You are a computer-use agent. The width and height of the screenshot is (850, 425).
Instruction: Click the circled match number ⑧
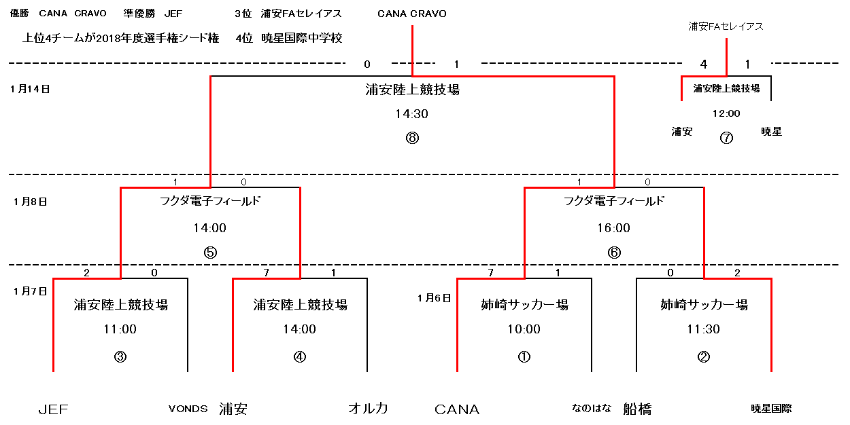(412, 138)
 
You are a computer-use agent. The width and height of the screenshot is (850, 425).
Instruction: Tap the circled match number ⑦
(726, 138)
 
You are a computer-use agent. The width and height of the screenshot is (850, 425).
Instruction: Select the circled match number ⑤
(210, 253)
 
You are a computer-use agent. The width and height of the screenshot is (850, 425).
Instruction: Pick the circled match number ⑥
(614, 253)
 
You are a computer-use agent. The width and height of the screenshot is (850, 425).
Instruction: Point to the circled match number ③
(120, 356)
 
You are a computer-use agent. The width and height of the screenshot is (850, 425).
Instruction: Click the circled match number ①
(524, 356)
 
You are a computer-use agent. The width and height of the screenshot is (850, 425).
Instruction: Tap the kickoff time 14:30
(411, 113)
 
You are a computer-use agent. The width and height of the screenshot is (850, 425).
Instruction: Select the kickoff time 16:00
(613, 227)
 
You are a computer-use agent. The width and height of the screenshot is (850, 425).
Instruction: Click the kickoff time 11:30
(703, 329)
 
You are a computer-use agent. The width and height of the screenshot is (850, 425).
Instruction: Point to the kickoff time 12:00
(726, 113)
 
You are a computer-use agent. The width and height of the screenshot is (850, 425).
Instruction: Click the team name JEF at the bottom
(54, 409)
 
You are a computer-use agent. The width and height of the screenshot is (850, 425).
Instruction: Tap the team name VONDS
(188, 409)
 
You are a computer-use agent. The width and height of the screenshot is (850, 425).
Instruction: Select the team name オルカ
(368, 408)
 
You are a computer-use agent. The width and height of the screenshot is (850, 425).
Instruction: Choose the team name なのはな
(592, 408)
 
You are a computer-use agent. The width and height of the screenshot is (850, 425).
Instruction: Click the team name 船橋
(637, 409)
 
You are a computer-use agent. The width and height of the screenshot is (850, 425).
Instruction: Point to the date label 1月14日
(30, 89)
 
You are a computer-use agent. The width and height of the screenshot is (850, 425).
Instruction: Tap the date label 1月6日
(434, 298)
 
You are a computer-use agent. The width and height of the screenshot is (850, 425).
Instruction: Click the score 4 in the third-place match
(704, 64)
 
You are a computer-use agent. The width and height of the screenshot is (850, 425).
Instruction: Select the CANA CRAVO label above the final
(411, 14)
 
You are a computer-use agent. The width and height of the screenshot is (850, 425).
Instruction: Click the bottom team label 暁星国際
(771, 408)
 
